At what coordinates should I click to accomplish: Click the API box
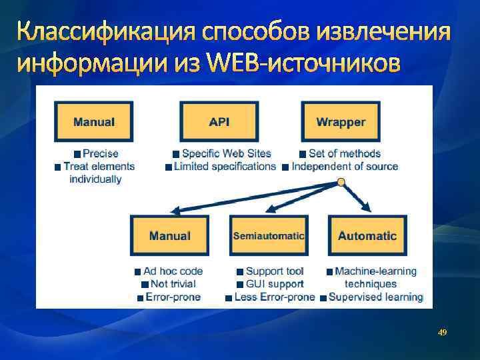(219, 122)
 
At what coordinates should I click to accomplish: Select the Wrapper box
(341, 122)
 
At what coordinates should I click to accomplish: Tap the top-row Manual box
(94, 122)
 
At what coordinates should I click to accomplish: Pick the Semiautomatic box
(269, 236)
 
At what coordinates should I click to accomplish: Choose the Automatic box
(367, 236)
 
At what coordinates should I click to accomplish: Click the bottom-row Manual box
(169, 236)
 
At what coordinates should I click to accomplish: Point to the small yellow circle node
(341, 182)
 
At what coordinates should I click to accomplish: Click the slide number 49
(442, 331)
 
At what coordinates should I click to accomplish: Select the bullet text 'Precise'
(101, 154)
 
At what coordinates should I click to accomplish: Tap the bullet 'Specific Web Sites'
(226, 154)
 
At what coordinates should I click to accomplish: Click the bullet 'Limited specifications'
(225, 166)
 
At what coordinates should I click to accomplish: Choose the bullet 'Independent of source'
(345, 166)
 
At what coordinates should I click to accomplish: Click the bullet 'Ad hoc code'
(173, 271)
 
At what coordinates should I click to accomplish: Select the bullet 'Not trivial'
(173, 284)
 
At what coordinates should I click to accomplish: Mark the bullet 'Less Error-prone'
(274, 297)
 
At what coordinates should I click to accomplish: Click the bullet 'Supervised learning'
(375, 297)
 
